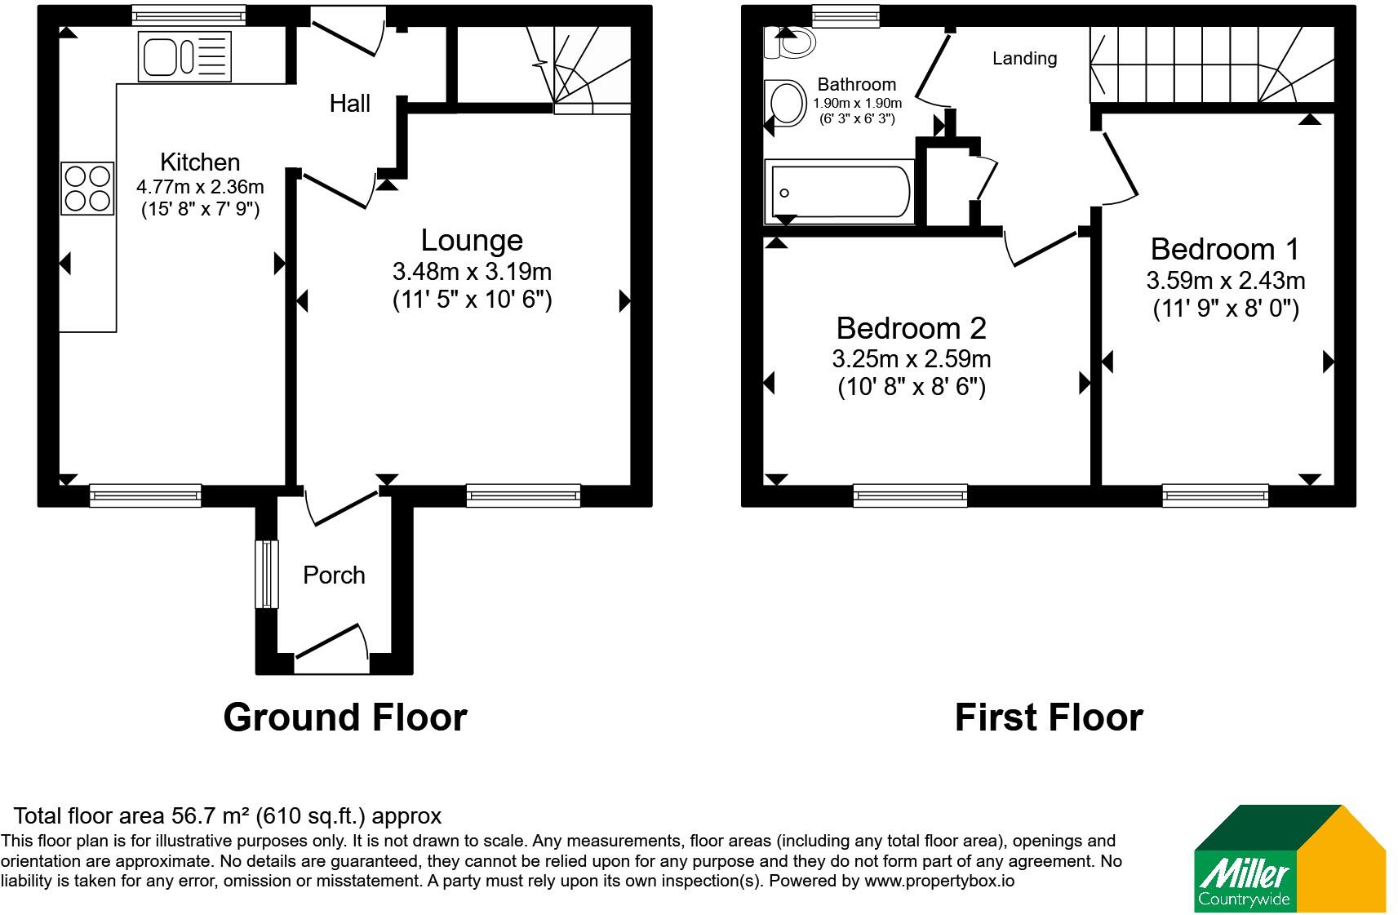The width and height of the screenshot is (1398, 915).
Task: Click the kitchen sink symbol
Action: [x=184, y=56]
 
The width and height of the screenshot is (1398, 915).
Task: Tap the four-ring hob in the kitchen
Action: [x=87, y=189]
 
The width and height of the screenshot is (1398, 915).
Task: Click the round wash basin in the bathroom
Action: [x=786, y=103]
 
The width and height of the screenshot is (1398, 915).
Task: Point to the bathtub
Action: [x=840, y=192]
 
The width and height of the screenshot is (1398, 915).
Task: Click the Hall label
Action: [x=349, y=104]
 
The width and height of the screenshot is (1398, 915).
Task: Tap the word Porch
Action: [x=334, y=575]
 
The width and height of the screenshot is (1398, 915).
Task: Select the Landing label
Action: [x=1025, y=59]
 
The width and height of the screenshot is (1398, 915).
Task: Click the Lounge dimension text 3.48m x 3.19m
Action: [x=472, y=272]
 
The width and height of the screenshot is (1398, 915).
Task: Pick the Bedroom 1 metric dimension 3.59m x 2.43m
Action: [x=1226, y=281]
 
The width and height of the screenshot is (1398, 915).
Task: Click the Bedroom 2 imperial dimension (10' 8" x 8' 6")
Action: [x=912, y=387]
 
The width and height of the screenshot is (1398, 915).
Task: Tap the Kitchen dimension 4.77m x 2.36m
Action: [x=200, y=187]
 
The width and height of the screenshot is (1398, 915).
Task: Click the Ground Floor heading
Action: [x=345, y=717]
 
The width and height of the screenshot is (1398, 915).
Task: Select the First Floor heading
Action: [x=1050, y=717]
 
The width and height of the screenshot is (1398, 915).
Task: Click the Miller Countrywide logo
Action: [x=1289, y=859]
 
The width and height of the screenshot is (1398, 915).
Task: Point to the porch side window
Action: [x=267, y=574]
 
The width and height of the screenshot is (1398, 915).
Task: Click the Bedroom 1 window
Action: [x=1215, y=495]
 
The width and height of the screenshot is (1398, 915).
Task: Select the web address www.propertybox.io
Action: [x=939, y=881]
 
